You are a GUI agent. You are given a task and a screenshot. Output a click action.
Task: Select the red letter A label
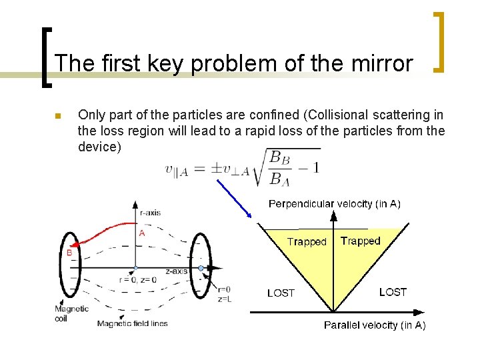tap(142, 233)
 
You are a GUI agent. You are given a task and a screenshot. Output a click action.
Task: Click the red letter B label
tap(68, 253)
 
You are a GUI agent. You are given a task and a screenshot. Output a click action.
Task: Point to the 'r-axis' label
tap(150, 213)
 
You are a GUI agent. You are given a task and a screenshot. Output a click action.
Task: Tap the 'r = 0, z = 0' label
tap(137, 280)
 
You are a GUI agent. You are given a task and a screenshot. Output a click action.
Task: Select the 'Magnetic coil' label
tap(71, 313)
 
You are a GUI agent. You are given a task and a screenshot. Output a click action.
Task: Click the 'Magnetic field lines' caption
tap(132, 323)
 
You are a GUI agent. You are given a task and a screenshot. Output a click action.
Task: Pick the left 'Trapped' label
tap(307, 242)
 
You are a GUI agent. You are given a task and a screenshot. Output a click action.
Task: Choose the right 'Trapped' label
tap(360, 241)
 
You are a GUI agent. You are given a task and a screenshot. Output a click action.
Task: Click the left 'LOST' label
tap(281, 293)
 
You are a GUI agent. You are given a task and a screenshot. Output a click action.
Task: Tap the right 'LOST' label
tap(393, 291)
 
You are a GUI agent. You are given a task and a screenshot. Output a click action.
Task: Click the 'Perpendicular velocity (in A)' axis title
tap(334, 204)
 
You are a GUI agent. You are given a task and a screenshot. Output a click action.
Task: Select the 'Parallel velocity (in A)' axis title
tap(374, 325)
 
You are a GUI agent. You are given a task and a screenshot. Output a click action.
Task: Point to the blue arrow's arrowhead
tap(249, 215)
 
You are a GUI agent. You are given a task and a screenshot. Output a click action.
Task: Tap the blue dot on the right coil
tap(201, 268)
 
